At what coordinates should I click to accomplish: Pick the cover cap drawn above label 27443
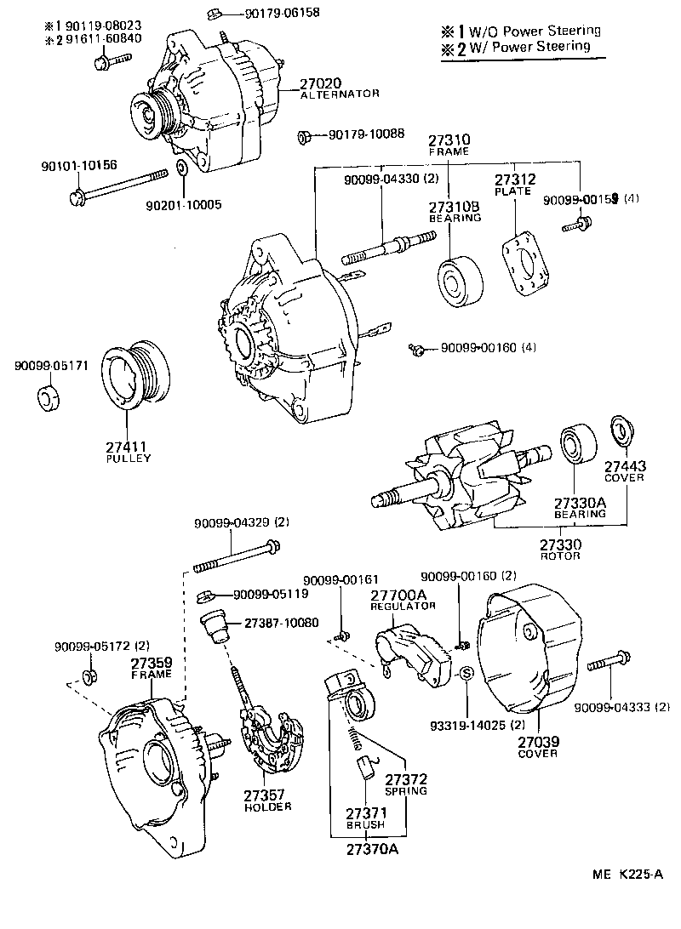pos(623,431)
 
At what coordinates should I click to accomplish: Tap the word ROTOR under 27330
pos(560,556)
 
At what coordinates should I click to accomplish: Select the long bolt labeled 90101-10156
pos(119,187)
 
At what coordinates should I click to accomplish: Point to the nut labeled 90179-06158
pos(214,13)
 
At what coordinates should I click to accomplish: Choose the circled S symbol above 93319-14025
pos(466,674)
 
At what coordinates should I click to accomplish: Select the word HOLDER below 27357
pos(267,806)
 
